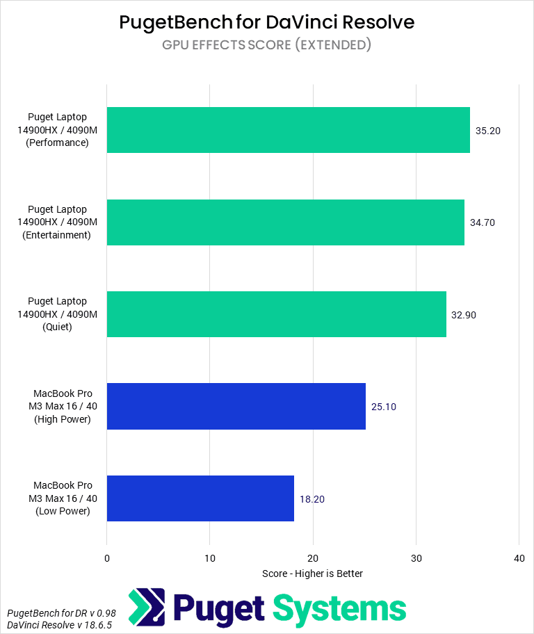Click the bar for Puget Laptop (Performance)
tap(288, 130)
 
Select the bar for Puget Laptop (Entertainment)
tap(285, 222)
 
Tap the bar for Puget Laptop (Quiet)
tap(276, 314)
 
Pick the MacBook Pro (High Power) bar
tap(236, 407)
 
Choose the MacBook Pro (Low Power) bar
tap(200, 498)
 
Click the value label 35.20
tap(488, 130)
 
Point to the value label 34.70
tap(483, 222)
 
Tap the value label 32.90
tap(464, 314)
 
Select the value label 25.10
tap(384, 407)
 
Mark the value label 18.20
tap(312, 498)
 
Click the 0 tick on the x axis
tap(106, 558)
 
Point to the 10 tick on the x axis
tap(209, 558)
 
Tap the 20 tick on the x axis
tap(313, 558)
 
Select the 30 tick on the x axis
tap(416, 558)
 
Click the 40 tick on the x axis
tap(519, 558)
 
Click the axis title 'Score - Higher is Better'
tap(312, 574)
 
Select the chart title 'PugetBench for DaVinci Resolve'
tap(267, 22)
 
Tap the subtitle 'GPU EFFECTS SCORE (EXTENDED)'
tap(267, 45)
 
